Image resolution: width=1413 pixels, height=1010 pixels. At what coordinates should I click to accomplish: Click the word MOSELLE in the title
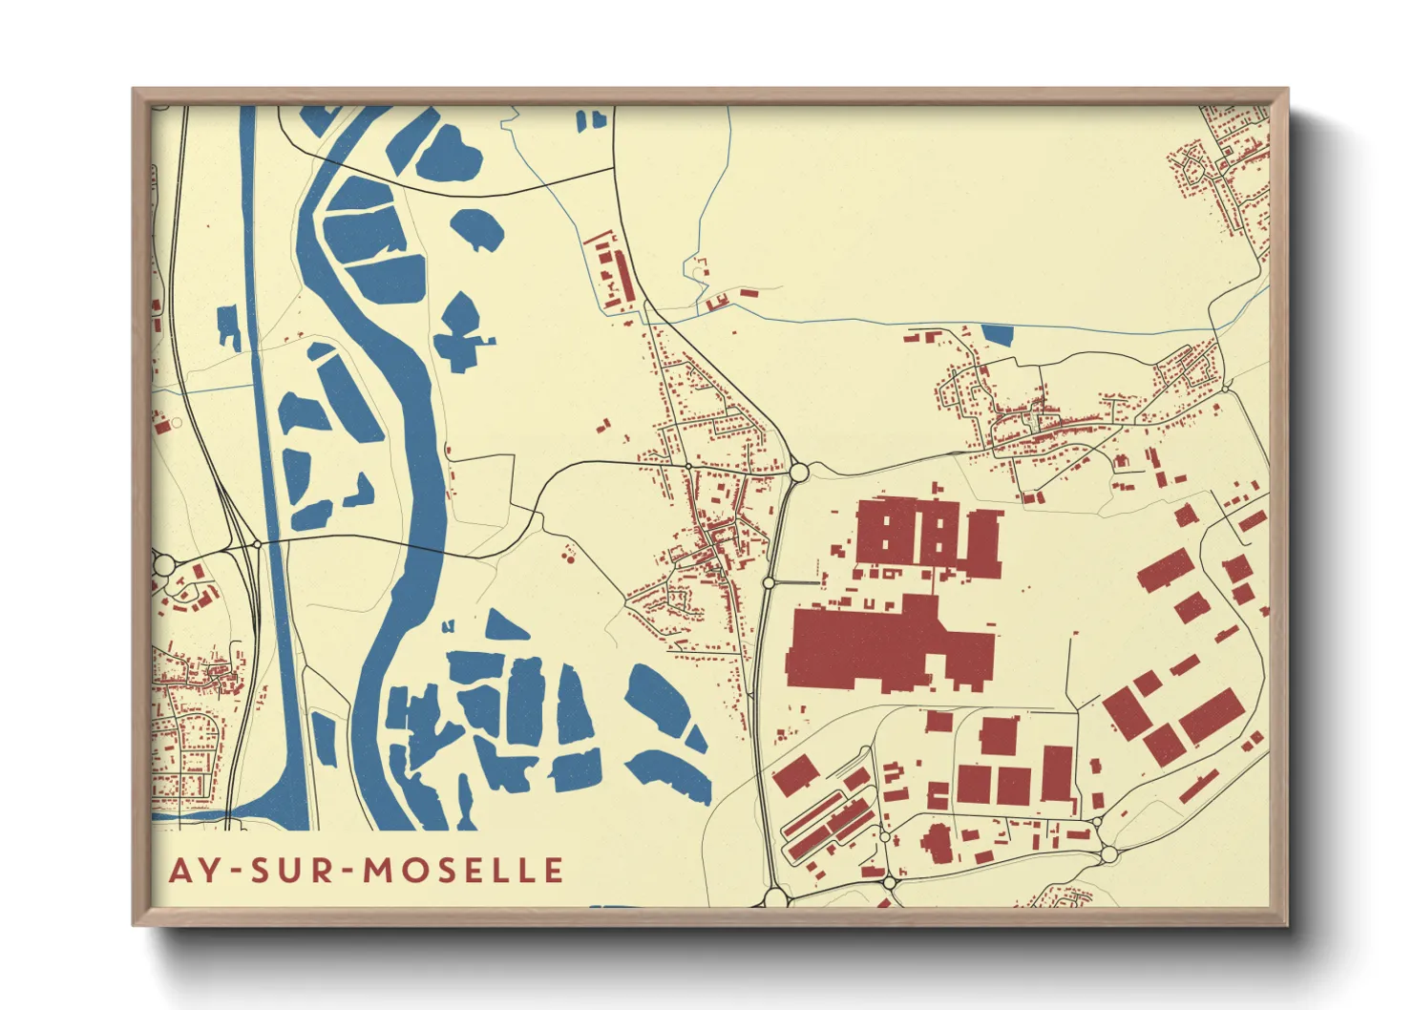[x=464, y=870]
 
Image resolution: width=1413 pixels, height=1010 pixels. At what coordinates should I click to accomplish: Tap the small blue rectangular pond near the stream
[x=997, y=335]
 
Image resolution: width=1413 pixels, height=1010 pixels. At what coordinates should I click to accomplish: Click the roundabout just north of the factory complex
[x=799, y=472]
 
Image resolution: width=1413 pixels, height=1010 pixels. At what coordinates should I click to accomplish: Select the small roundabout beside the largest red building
[x=769, y=581]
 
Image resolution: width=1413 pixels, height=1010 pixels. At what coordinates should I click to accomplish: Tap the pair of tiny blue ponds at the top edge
[x=591, y=119]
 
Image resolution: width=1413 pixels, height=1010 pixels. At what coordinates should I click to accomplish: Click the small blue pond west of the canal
[x=229, y=326]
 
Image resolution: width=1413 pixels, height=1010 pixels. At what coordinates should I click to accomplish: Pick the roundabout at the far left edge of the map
[x=163, y=564]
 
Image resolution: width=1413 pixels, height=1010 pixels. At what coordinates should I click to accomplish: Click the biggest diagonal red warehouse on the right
[x=1213, y=716]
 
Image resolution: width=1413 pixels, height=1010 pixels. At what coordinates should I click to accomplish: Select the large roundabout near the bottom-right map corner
[x=1109, y=853]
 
